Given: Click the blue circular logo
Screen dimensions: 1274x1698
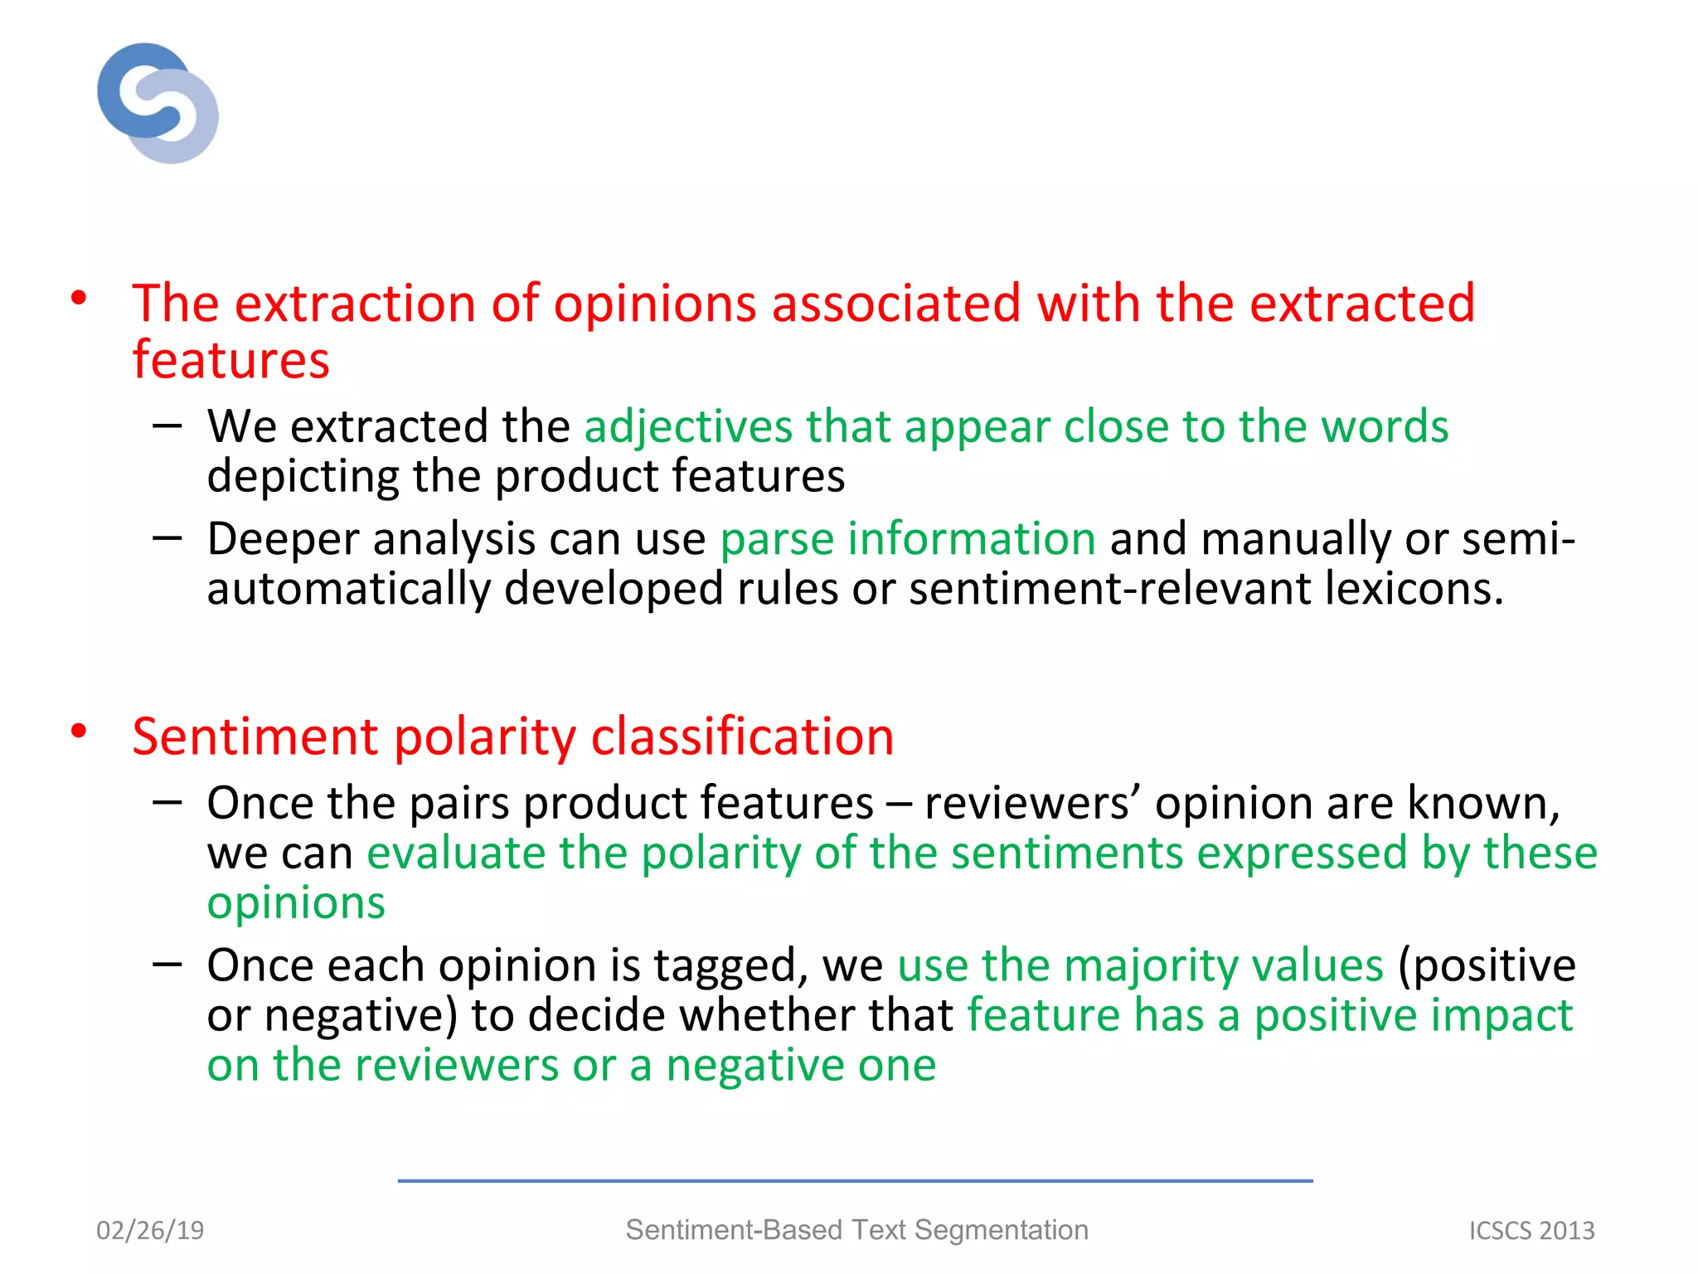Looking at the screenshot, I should coord(158,103).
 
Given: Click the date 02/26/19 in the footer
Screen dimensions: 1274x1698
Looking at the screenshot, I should coord(150,1230).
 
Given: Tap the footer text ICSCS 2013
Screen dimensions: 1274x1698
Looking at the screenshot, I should coord(1531,1231).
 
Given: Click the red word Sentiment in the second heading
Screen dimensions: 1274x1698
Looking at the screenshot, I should coord(255,737).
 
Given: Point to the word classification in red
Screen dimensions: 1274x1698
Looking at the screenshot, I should coord(742,737).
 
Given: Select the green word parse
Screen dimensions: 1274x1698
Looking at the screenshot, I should coord(776,541).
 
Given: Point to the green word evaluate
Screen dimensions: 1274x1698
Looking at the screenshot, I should coord(455,853).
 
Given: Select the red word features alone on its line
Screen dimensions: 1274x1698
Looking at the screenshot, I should coord(231,361).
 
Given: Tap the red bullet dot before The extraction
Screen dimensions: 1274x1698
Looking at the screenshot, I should coord(79,298).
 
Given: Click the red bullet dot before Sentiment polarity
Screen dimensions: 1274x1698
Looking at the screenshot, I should coord(79,731).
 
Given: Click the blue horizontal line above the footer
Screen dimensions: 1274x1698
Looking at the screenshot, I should coord(854,1180).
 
